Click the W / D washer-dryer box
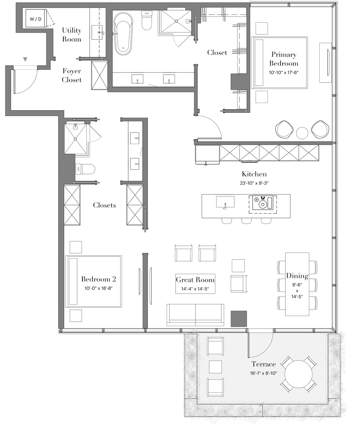pyautogui.click(x=36, y=19)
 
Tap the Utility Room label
pyautogui.click(x=72, y=35)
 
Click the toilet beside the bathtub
pyautogui.click(x=147, y=21)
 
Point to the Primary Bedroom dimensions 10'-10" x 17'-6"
pyautogui.click(x=284, y=72)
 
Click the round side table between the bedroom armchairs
pyautogui.click(x=302, y=133)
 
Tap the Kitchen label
pyautogui.click(x=254, y=174)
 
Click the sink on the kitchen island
pyautogui.click(x=225, y=202)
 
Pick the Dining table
pyautogui.click(x=297, y=284)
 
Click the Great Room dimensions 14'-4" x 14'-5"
pyautogui.click(x=195, y=289)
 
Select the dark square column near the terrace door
pyautogui.click(x=239, y=319)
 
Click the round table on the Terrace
pyautogui.click(x=298, y=374)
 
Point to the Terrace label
pyautogui.click(x=264, y=364)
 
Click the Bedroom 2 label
pyautogui.click(x=99, y=279)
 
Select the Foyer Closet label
pyautogui.click(x=72, y=75)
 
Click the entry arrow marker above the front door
pyautogui.click(x=25, y=59)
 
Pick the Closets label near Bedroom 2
pyautogui.click(x=104, y=205)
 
